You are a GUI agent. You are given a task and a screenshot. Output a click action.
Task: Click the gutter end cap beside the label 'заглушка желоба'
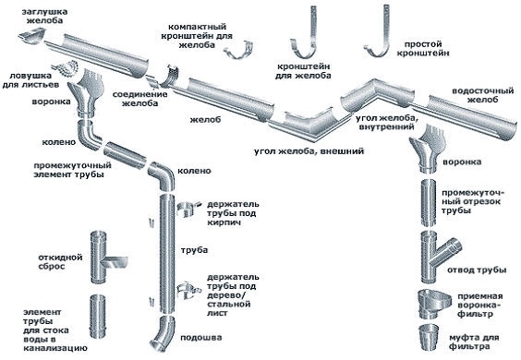[x=32, y=36]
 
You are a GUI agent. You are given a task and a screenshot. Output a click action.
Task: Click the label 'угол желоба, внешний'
[x=309, y=151]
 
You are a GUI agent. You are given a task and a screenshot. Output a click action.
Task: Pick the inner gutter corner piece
[x=378, y=95]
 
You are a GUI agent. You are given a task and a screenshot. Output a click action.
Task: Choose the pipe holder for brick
[x=188, y=210]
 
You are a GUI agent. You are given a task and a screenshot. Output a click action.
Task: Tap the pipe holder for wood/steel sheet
[x=188, y=290]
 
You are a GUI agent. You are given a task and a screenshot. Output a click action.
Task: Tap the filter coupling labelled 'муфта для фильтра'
[x=429, y=338]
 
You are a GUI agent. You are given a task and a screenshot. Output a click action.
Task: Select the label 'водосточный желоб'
[x=482, y=95]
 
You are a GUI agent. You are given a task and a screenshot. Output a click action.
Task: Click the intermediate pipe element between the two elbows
[x=125, y=155]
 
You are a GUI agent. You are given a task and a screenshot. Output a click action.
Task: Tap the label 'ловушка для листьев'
[x=30, y=80]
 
